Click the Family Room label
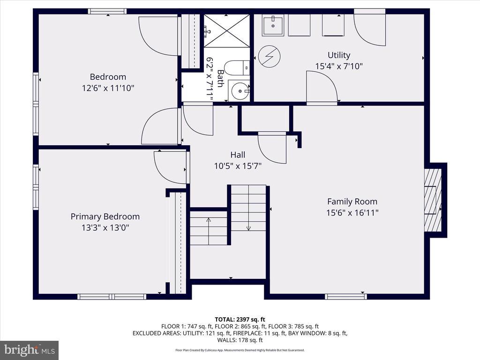[x=352, y=202]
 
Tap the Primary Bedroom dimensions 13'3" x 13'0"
[x=105, y=228]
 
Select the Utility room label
[x=339, y=55]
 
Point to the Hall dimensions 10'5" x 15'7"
[x=238, y=166]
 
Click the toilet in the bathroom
[x=237, y=68]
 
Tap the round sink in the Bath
[x=239, y=90]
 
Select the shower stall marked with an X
[x=226, y=30]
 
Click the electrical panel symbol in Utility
[x=270, y=56]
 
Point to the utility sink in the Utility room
[x=272, y=25]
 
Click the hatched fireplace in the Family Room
[x=433, y=200]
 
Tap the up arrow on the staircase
[x=209, y=227]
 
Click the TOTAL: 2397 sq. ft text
[x=240, y=320]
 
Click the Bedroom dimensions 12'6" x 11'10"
[x=108, y=88]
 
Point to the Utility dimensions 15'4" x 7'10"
[x=339, y=66]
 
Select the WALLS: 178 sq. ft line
[x=240, y=340]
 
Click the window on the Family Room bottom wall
[x=345, y=296]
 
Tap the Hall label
[x=238, y=155]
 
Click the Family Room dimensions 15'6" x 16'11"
[x=352, y=213]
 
